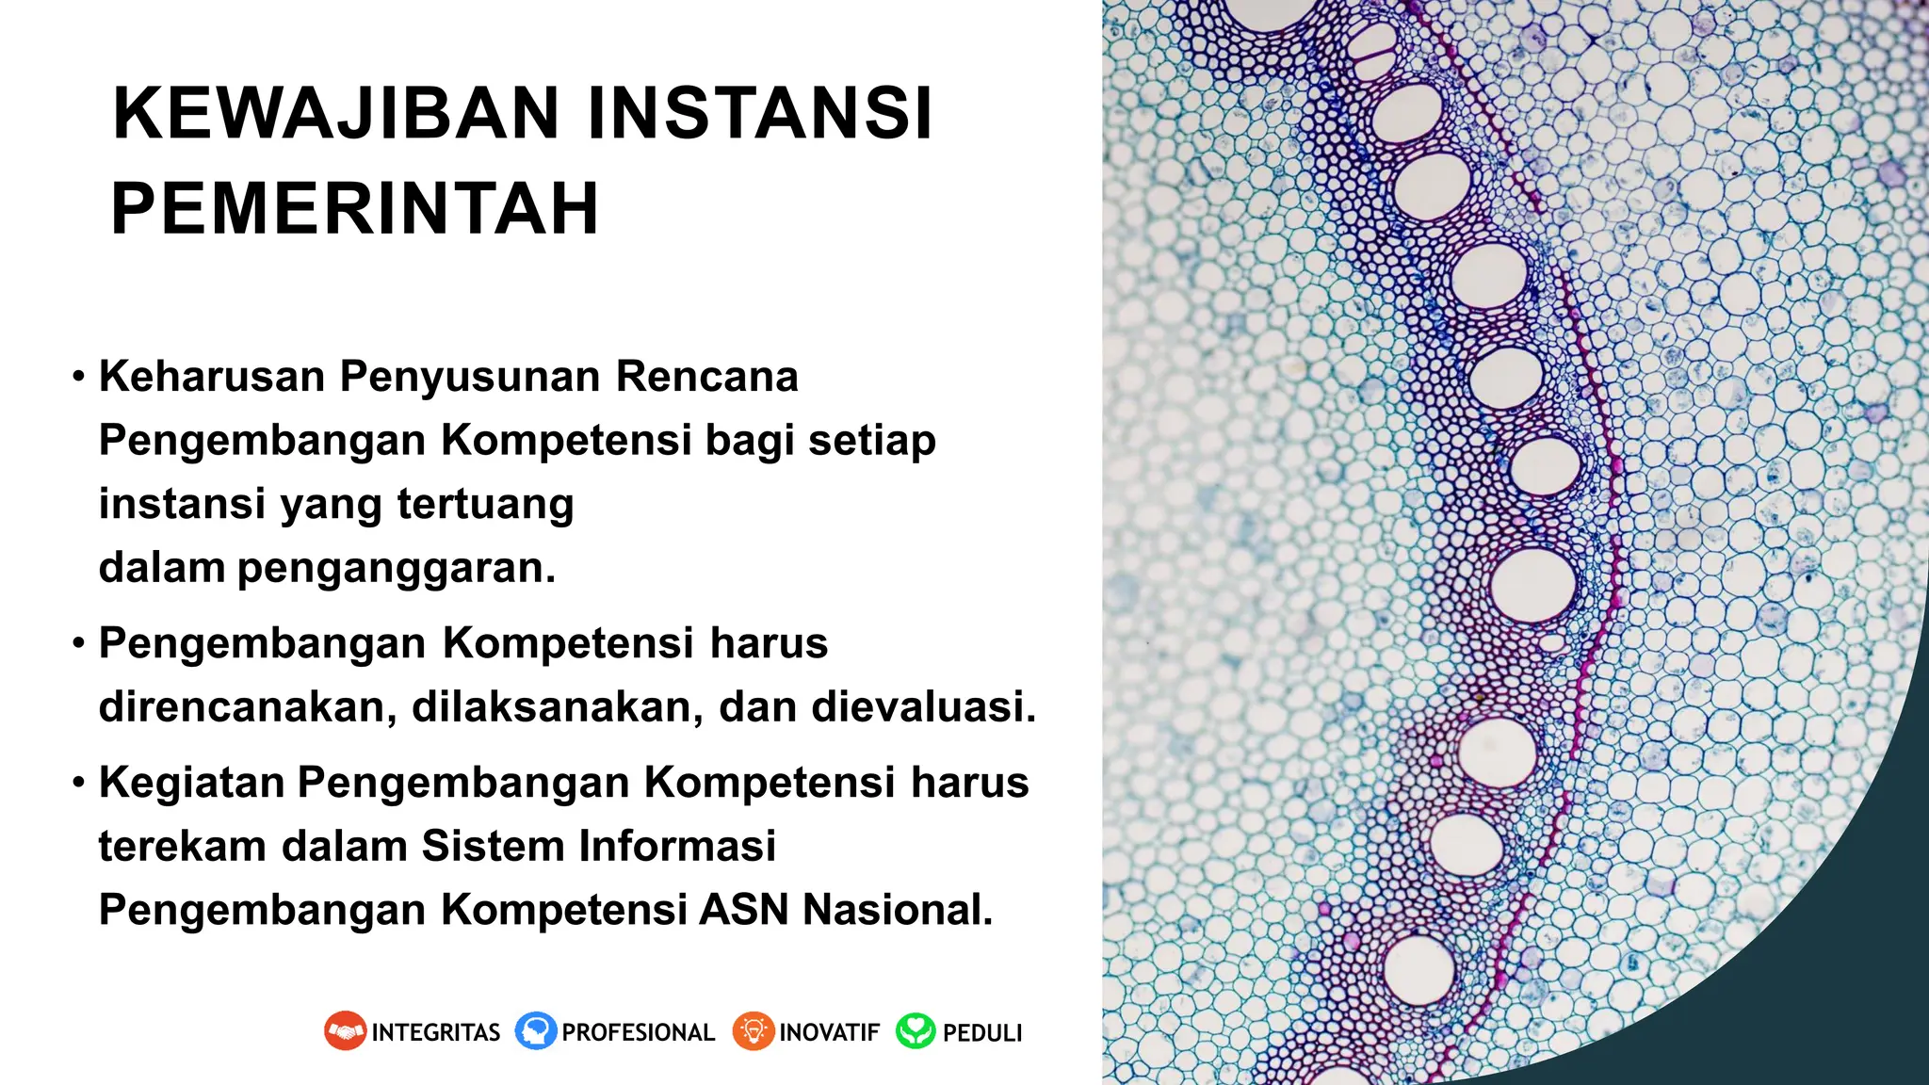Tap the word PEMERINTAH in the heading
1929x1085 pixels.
coord(355,209)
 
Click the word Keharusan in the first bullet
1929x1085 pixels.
coord(212,377)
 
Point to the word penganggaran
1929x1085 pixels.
coord(396,568)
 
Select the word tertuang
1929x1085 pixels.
coord(485,504)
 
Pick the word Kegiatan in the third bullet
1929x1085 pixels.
coord(191,783)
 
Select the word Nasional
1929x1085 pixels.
coord(897,910)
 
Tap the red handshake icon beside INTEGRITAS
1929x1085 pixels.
coord(345,1031)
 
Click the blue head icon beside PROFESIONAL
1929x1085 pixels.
coord(536,1031)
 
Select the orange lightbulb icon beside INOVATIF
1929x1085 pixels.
coord(753,1031)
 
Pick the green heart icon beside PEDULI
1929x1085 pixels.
coord(916,1031)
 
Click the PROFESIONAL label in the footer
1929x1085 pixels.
coord(638,1033)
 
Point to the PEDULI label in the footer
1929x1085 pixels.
coord(981,1033)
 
